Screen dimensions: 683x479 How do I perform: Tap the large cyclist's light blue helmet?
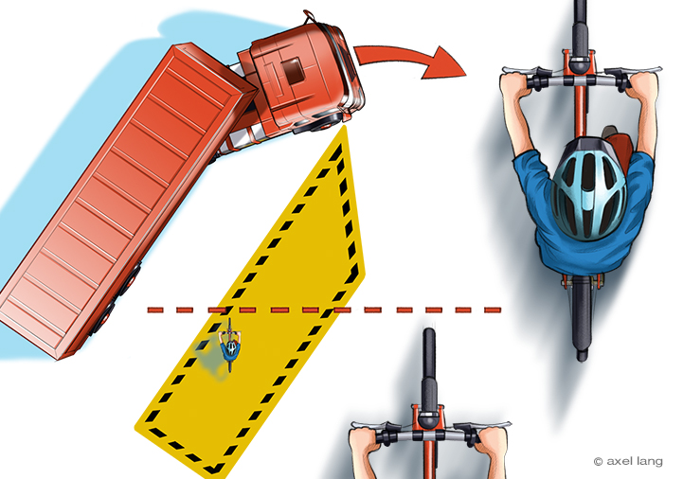589,188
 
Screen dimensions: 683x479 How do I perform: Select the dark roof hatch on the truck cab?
292,70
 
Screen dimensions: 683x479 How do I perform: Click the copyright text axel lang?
628,461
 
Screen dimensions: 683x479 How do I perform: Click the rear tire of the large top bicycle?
582,318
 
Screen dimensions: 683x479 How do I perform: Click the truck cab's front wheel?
325,123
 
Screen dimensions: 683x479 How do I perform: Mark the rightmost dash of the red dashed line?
493,310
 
